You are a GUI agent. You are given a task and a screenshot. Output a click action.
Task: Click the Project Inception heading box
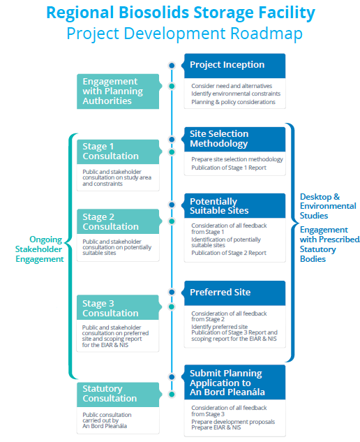click(234, 66)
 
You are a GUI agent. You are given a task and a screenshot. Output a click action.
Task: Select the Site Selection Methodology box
click(234, 139)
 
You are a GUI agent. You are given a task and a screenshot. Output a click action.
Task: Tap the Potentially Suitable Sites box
click(234, 206)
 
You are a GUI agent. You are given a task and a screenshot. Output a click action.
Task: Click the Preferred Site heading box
click(234, 293)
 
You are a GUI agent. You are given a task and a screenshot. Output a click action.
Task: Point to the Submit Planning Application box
click(234, 383)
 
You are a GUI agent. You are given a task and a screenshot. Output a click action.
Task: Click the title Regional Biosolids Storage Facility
click(180, 13)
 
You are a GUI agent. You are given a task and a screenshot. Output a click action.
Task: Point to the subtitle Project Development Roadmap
click(180, 34)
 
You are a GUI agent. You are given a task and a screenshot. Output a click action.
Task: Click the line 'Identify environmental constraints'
click(236, 94)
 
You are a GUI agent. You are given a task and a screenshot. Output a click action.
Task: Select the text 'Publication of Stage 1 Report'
click(229, 168)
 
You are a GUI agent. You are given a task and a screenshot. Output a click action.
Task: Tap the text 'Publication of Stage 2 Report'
click(229, 253)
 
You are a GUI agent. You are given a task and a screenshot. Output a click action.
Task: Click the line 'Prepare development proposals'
click(232, 422)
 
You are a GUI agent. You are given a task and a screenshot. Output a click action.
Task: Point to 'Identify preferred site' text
click(219, 326)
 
